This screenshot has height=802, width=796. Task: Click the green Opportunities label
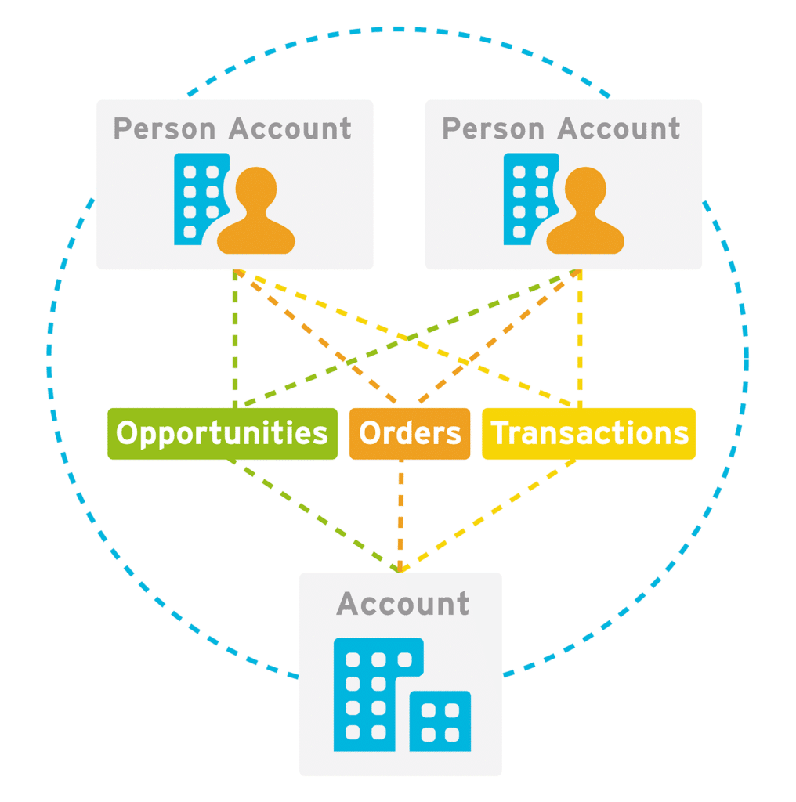[222, 433]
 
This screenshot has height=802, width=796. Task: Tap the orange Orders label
[410, 433]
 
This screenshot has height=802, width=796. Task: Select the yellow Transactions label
[588, 433]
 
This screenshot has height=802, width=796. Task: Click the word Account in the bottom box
[403, 604]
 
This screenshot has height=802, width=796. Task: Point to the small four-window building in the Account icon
[440, 721]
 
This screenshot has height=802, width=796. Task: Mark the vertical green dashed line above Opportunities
[234, 337]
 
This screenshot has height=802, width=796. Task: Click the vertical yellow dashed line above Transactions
[580, 337]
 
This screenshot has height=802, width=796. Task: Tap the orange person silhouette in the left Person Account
[256, 211]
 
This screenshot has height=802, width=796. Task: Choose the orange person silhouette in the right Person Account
[585, 211]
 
